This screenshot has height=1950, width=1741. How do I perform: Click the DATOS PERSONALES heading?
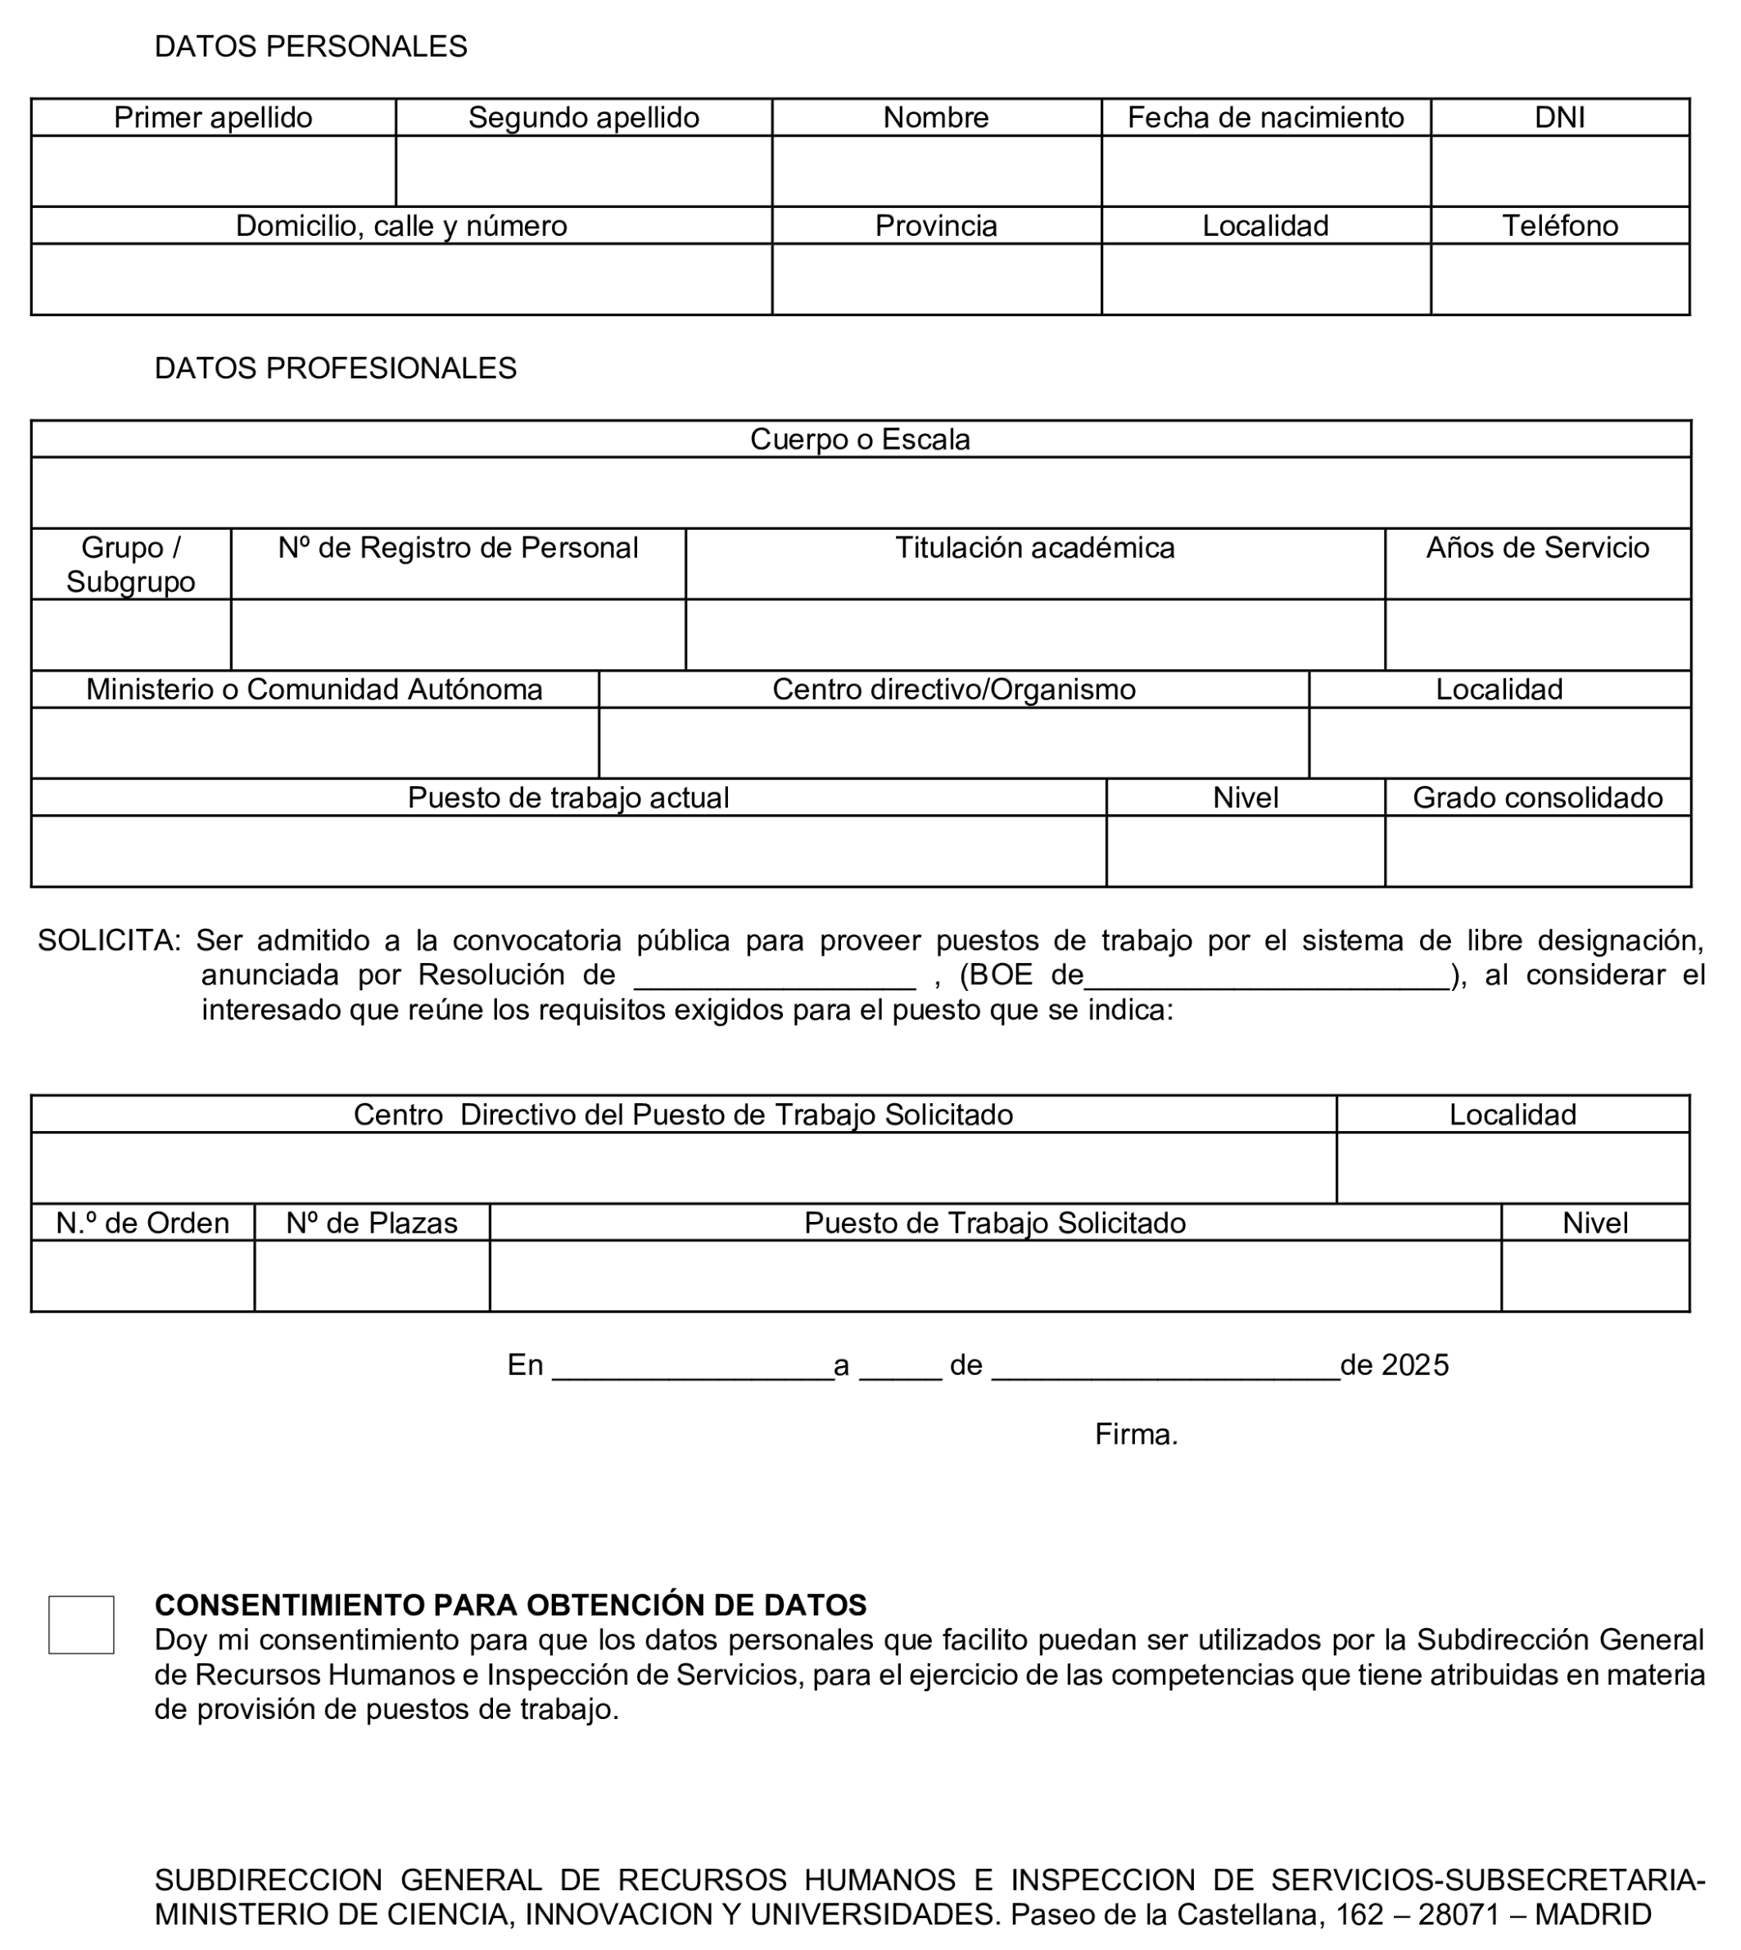click(311, 47)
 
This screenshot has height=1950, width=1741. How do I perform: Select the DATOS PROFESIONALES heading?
click(335, 369)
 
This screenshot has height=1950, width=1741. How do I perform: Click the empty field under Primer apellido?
click(213, 171)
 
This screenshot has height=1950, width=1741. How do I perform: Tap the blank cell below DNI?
click(1559, 171)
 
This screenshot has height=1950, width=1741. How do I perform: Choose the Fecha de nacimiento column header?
click(1264, 118)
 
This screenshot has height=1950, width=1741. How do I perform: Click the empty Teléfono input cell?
click(1559, 279)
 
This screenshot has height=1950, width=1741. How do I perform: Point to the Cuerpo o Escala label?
click(860, 439)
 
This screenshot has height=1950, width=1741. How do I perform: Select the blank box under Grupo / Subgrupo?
click(131, 636)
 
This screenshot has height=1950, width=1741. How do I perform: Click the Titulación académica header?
click(1034, 548)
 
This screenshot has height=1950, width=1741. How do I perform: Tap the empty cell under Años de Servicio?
click(1537, 636)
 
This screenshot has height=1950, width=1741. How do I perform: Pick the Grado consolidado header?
click(1537, 798)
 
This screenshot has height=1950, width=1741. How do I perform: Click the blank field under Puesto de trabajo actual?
click(568, 852)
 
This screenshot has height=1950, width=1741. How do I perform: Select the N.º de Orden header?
click(142, 1224)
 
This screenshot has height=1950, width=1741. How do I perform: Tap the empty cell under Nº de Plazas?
click(372, 1277)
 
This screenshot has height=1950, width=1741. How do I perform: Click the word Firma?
click(1136, 1435)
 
